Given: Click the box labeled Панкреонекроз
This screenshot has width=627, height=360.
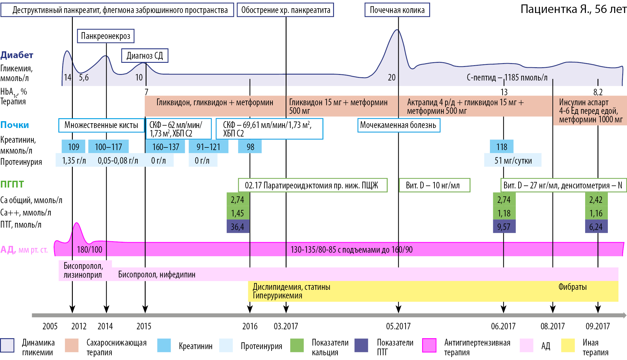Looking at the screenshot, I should pyautogui.click(x=106, y=36).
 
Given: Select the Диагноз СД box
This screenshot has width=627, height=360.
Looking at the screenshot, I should pyautogui.click(x=145, y=55).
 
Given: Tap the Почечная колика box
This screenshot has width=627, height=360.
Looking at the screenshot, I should pyautogui.click(x=397, y=10).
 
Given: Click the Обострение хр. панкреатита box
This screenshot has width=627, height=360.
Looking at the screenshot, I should pyautogui.click(x=285, y=10).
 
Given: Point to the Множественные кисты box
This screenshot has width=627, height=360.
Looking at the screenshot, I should pyautogui.click(x=101, y=125).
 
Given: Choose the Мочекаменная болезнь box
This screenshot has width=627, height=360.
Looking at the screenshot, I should pyautogui.click(x=399, y=125).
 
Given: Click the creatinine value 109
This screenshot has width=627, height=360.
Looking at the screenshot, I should pyautogui.click(x=73, y=147).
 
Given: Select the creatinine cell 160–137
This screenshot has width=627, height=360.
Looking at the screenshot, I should pyautogui.click(x=165, y=147).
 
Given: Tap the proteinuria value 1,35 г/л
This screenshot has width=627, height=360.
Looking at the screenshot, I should pyautogui.click(x=74, y=160).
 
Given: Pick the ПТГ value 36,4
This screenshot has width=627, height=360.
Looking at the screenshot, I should pyautogui.click(x=238, y=226).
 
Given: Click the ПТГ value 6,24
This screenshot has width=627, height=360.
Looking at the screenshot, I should pyautogui.click(x=596, y=226).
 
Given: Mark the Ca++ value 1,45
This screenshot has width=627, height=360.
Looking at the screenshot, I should pyautogui.click(x=238, y=213).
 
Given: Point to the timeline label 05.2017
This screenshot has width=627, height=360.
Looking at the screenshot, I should pyautogui.click(x=398, y=326).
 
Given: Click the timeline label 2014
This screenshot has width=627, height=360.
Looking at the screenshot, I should pyautogui.click(x=105, y=326).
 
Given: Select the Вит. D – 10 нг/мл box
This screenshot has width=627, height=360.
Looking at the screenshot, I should pyautogui.click(x=434, y=185).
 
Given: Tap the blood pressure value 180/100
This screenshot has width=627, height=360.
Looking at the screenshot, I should pyautogui.click(x=90, y=250).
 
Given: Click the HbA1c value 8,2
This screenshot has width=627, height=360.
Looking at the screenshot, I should pyautogui.click(x=598, y=92).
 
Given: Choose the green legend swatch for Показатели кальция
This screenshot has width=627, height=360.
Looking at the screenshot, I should pyautogui.click(x=297, y=345).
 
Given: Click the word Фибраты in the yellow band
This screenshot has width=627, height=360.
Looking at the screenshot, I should pyautogui.click(x=572, y=287).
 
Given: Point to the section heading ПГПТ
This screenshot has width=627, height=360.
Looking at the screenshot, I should pyautogui.click(x=12, y=184).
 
